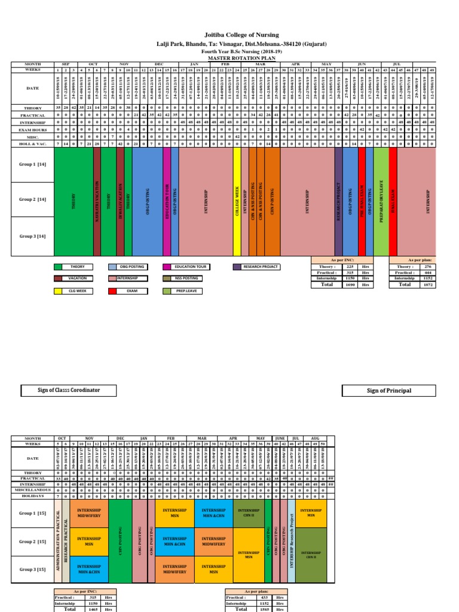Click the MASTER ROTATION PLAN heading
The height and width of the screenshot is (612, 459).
coord(230,58)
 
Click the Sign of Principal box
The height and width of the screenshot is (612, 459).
coord(389,391)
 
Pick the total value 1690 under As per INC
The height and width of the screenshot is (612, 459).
coord(344,285)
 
